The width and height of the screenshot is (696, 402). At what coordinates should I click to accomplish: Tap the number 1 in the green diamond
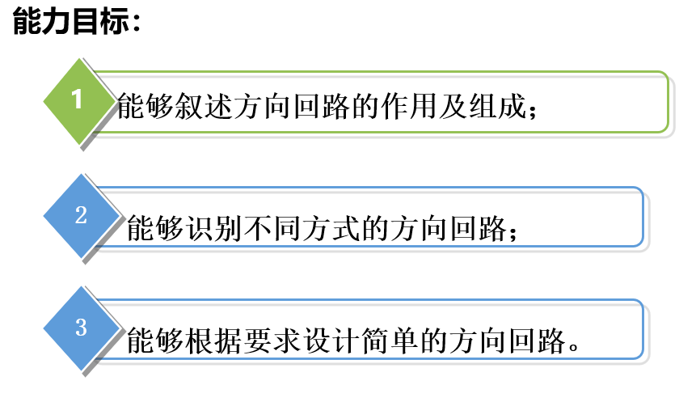point(78,100)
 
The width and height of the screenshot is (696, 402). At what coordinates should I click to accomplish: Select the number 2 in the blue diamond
point(81,215)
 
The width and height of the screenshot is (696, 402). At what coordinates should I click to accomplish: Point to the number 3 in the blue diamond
point(81,327)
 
